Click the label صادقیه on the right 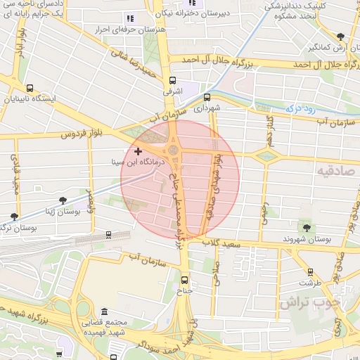tap(335, 171)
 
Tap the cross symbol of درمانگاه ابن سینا tap(138, 151)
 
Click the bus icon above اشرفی tap(173, 80)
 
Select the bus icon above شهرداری tap(207, 98)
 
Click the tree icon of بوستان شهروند tap(307, 227)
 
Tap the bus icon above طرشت tap(310, 271)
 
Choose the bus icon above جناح tap(185, 276)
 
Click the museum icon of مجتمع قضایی tap(104, 311)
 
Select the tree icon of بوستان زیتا tap(64, 200)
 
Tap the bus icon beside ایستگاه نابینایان tap(30, 89)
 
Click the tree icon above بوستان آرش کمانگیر tap(340, 37)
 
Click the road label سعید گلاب tap(224, 243)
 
